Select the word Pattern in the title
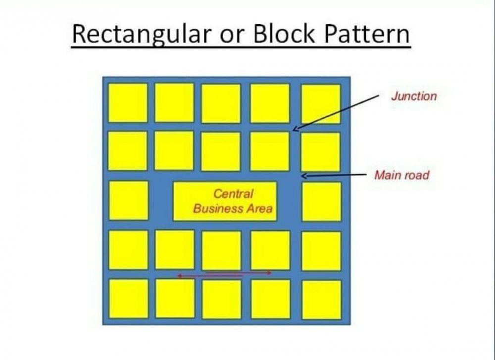pyautogui.click(x=367, y=34)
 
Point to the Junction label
pyautogui.click(x=414, y=96)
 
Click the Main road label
pyautogui.click(x=402, y=175)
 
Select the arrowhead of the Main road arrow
pyautogui.click(x=304, y=176)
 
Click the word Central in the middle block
pyautogui.click(x=233, y=193)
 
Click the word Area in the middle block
pyautogui.click(x=260, y=209)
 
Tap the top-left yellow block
pyautogui.click(x=128, y=103)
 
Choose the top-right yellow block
pyautogui.click(x=321, y=104)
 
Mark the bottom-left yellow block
pyautogui.click(x=129, y=299)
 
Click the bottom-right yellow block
pyautogui.click(x=322, y=300)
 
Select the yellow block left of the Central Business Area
pyautogui.click(x=129, y=200)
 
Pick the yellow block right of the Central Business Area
pyautogui.click(x=322, y=201)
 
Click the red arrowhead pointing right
pyautogui.click(x=269, y=272)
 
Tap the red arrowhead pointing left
pyautogui.click(x=180, y=276)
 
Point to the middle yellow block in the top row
pyautogui.click(x=221, y=103)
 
